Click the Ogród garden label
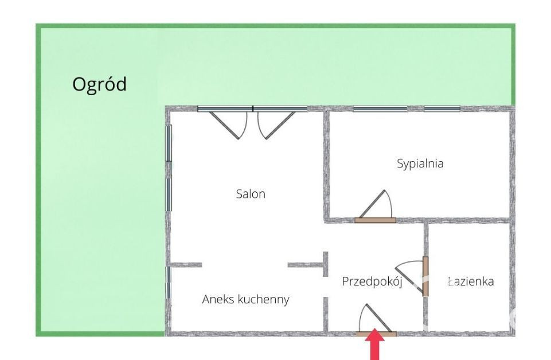pos(99,85)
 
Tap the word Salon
pos(251,194)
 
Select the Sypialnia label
pos(420,164)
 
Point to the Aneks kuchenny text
pos(245,299)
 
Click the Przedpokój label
pos(372,281)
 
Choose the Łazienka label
pos(471,281)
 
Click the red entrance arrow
pos(375,344)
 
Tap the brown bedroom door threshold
pos(376,220)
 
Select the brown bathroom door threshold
pos(425,276)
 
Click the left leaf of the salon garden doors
pos(224,126)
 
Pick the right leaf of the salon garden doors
pos(280,126)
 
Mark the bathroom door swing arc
pos(408,263)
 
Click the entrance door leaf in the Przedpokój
pos(379,318)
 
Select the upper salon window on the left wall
pos(169,143)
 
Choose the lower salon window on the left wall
pos(169,195)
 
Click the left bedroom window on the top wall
pos(378,108)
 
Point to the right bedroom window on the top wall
pos(442,108)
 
